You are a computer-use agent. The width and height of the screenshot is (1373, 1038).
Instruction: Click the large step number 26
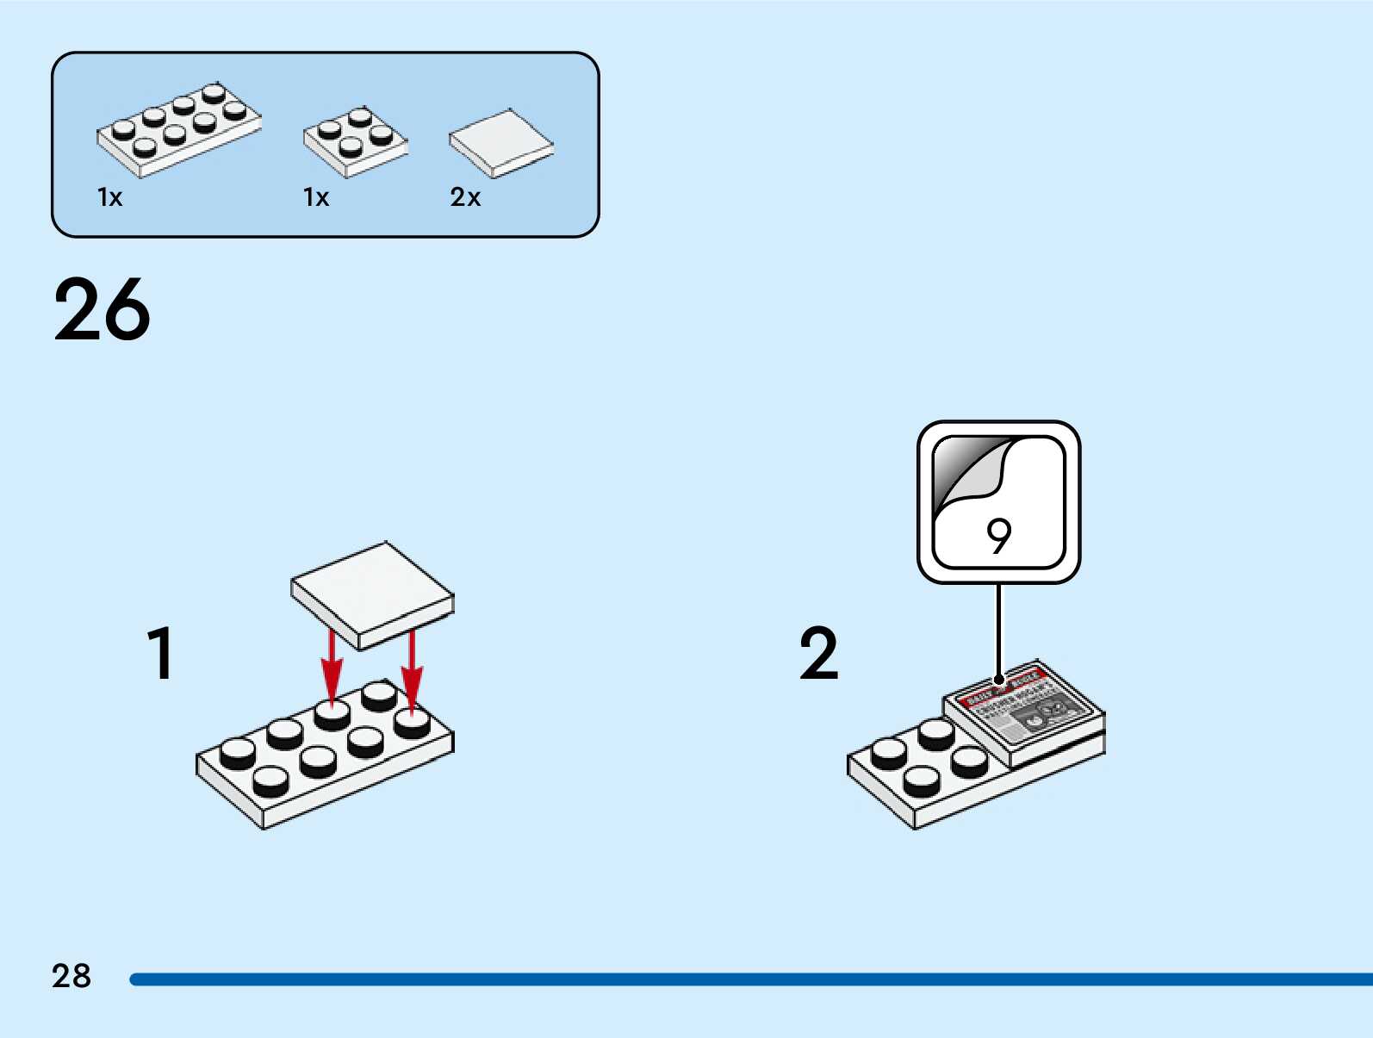click(x=102, y=310)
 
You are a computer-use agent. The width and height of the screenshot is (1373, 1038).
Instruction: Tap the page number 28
click(x=71, y=976)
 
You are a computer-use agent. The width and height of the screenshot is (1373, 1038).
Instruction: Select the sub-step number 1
click(x=161, y=653)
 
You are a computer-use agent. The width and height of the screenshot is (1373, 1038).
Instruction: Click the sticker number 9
click(x=998, y=537)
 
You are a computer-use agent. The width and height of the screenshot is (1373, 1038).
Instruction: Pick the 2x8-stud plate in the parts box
click(x=178, y=130)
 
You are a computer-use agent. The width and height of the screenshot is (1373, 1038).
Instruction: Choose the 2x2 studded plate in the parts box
click(x=355, y=141)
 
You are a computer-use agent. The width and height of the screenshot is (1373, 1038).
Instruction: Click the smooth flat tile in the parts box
click(x=500, y=142)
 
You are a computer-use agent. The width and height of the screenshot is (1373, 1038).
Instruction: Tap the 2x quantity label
click(x=465, y=197)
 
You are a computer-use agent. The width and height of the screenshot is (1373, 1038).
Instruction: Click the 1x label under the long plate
click(x=110, y=197)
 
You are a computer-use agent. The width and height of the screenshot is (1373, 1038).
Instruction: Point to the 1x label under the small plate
click(x=316, y=197)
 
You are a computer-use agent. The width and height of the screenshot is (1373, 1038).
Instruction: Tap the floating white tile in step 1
click(x=372, y=594)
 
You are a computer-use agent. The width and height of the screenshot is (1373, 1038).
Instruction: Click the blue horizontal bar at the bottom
click(x=749, y=979)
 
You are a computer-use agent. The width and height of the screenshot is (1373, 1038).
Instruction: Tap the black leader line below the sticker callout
click(x=999, y=629)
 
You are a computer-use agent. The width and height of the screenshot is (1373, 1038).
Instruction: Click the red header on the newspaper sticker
click(x=1003, y=685)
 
